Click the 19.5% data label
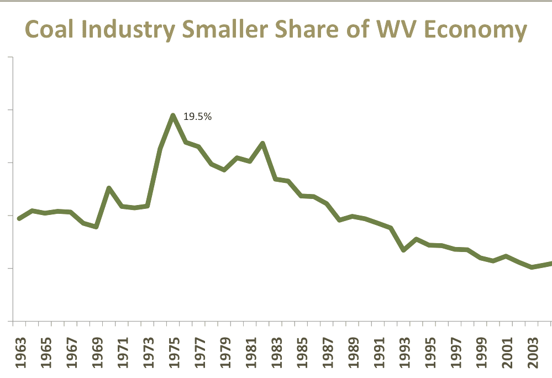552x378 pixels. point(197,117)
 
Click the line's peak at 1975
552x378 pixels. point(173,116)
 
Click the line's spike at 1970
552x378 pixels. point(109,188)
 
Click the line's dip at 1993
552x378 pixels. point(404,250)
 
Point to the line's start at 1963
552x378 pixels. point(19,219)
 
